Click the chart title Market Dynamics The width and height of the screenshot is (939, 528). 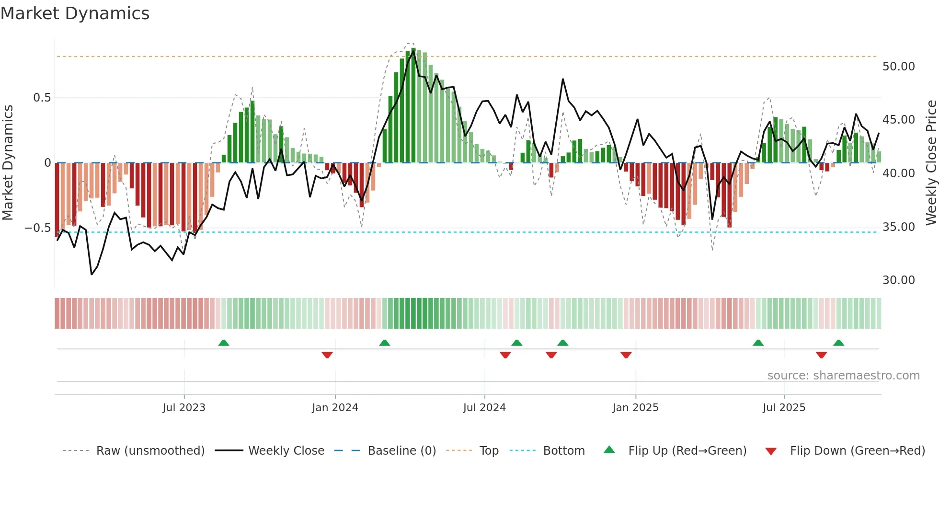click(75, 13)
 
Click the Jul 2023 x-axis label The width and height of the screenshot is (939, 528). click(184, 408)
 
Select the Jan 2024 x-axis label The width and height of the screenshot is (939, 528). click(335, 408)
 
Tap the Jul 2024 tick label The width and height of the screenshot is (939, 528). click(484, 408)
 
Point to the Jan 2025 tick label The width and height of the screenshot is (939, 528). click(635, 408)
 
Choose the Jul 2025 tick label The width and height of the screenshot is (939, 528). click(784, 408)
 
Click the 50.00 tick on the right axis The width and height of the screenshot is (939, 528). click(898, 67)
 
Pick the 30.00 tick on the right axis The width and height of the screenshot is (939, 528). click(898, 280)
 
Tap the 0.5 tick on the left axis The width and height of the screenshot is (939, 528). click(42, 98)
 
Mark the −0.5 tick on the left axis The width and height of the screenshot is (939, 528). click(38, 228)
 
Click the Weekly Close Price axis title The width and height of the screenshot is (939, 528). click(931, 162)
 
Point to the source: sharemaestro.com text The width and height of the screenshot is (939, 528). click(843, 376)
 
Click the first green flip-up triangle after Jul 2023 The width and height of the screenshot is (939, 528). click(224, 343)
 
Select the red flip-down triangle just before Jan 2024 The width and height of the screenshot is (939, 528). click(327, 355)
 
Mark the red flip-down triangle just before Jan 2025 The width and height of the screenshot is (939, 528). click(626, 355)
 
